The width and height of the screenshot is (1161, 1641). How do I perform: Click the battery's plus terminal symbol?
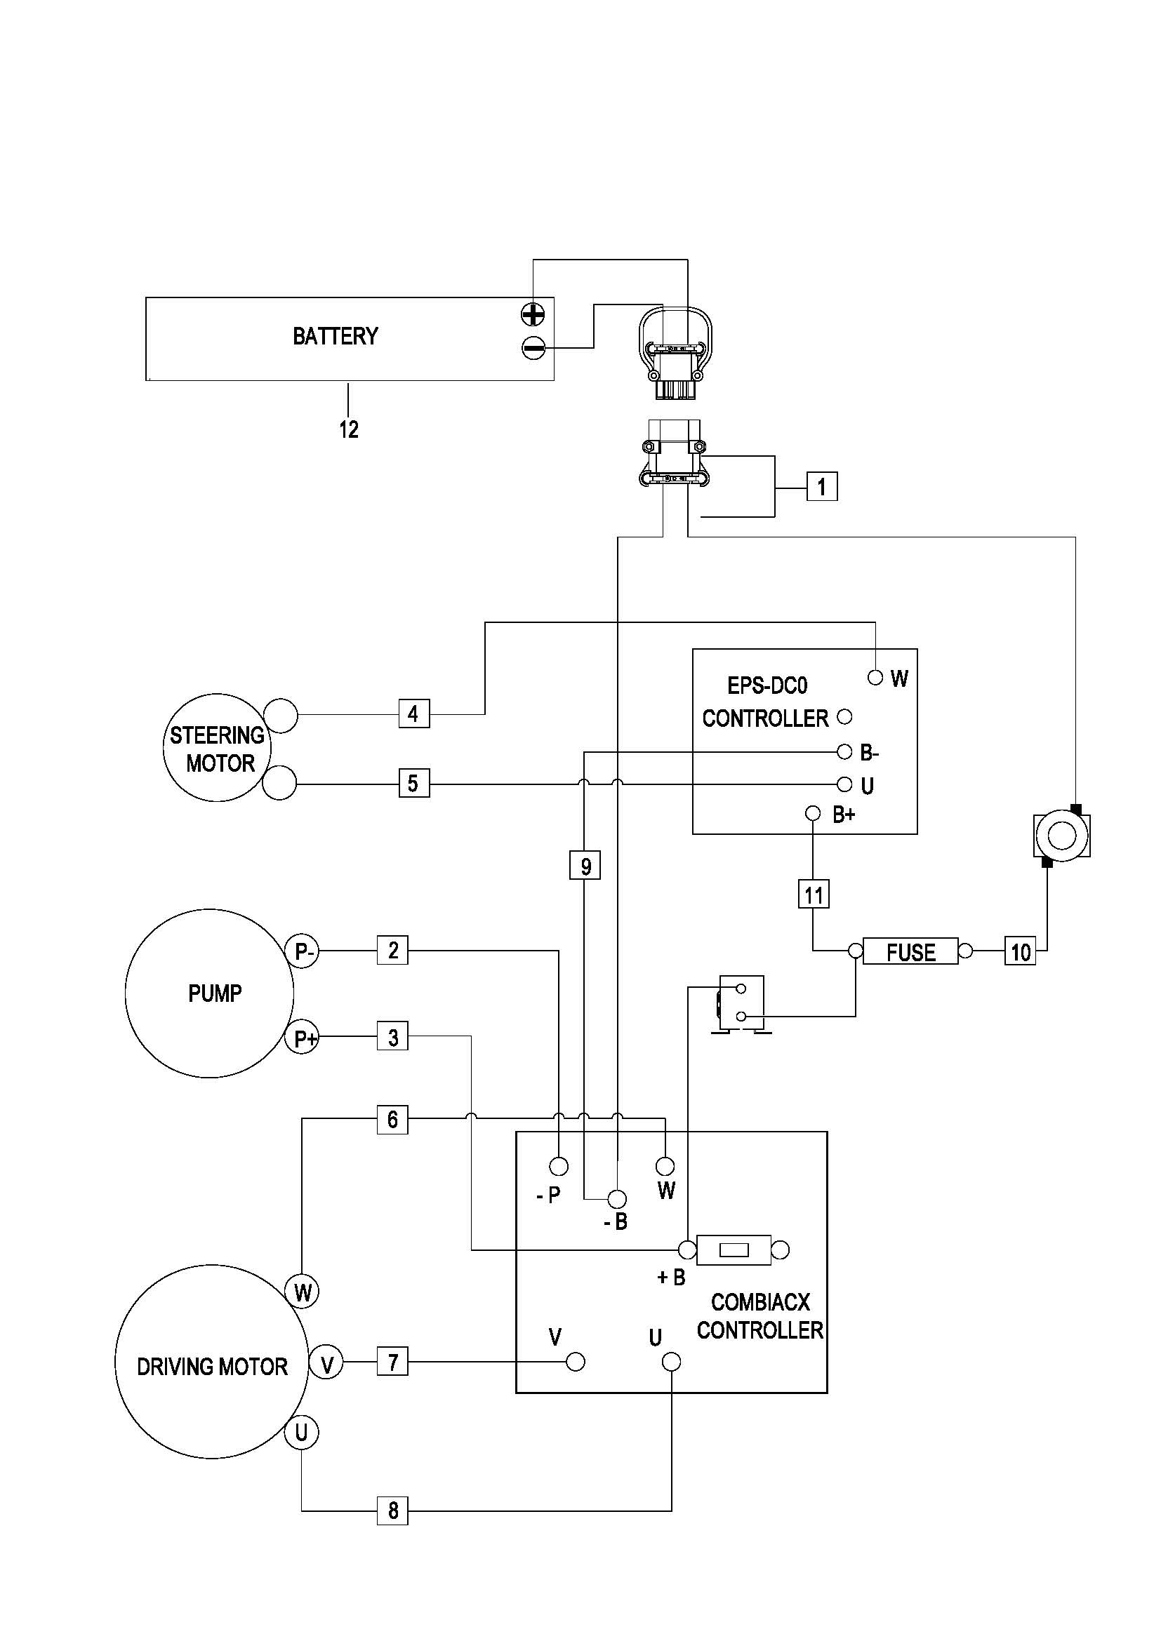pyautogui.click(x=533, y=314)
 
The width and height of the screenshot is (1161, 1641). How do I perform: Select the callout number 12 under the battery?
pyautogui.click(x=349, y=429)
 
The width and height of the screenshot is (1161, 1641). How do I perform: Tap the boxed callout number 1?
pyautogui.click(x=821, y=487)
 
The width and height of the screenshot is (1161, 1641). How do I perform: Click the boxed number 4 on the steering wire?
pyautogui.click(x=413, y=714)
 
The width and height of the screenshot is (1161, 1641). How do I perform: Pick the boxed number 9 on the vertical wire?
pyautogui.click(x=585, y=866)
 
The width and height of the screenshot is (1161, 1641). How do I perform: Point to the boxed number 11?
pyautogui.click(x=814, y=894)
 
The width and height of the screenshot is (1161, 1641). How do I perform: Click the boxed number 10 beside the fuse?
pyautogui.click(x=1020, y=951)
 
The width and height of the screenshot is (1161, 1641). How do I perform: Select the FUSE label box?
pyautogui.click(x=910, y=951)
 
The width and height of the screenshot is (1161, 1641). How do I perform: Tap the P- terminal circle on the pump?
pyautogui.click(x=304, y=951)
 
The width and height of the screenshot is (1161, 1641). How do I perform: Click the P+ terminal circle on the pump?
pyautogui.click(x=304, y=1038)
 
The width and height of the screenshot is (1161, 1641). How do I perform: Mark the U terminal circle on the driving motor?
pyautogui.click(x=302, y=1433)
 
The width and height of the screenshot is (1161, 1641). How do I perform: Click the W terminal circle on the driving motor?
pyautogui.click(x=303, y=1292)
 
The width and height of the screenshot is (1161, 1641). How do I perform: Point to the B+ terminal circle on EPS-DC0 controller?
pyautogui.click(x=813, y=813)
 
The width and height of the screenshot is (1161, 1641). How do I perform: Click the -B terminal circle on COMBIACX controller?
pyautogui.click(x=617, y=1198)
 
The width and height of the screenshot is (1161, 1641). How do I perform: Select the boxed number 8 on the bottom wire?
pyautogui.click(x=392, y=1511)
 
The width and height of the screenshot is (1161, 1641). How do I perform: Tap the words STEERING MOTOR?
pyautogui.click(x=218, y=749)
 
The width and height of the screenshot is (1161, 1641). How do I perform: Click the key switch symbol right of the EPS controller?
pyautogui.click(x=1061, y=834)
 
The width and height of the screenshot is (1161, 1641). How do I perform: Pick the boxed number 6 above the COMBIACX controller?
pyautogui.click(x=392, y=1119)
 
